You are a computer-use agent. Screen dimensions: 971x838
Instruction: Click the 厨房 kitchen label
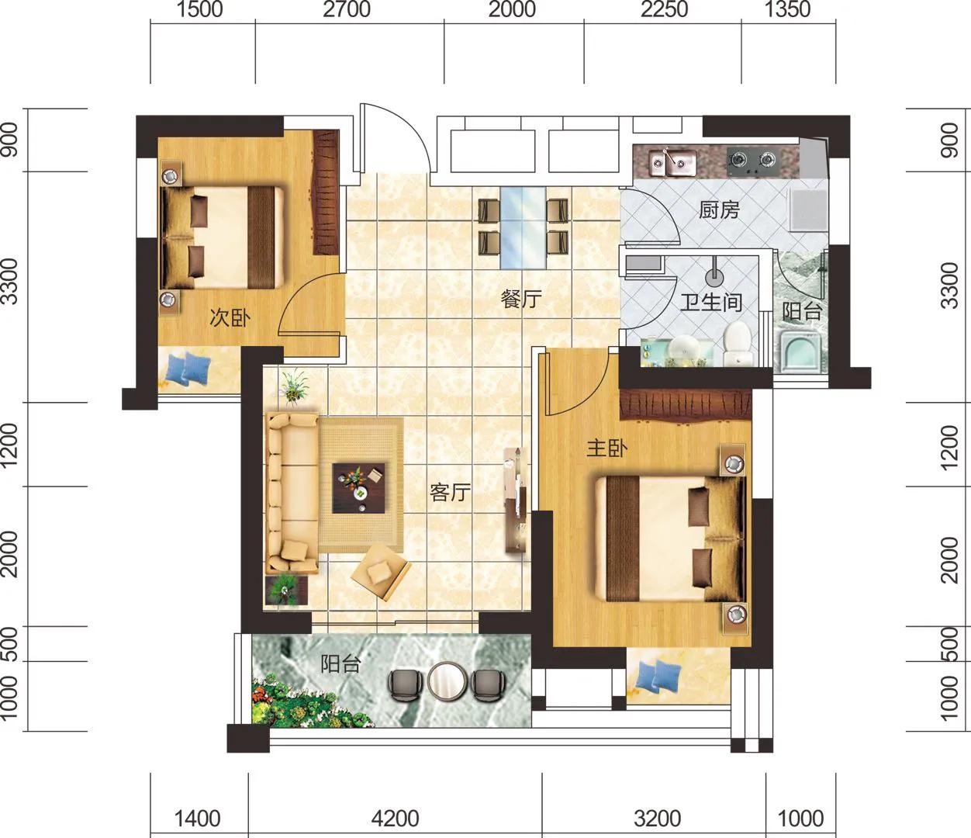[719, 209]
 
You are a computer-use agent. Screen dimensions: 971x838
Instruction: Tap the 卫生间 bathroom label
[711, 302]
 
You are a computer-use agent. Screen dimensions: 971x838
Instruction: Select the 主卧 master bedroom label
[607, 448]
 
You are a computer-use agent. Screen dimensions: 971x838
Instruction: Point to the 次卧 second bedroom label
[230, 317]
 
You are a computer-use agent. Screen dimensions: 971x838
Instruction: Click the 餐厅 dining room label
[521, 299]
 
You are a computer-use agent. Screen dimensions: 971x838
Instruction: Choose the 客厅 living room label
[450, 492]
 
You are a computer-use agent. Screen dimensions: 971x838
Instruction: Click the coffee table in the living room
[359, 488]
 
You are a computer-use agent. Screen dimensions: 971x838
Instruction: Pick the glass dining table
[523, 227]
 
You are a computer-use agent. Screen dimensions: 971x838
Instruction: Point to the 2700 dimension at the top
[347, 9]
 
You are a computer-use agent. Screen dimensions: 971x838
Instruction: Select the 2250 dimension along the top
[664, 9]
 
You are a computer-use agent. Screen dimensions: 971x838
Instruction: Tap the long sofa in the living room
[292, 493]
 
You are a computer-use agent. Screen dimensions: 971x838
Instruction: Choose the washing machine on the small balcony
[803, 351]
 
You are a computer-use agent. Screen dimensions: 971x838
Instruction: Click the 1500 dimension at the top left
[199, 9]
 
